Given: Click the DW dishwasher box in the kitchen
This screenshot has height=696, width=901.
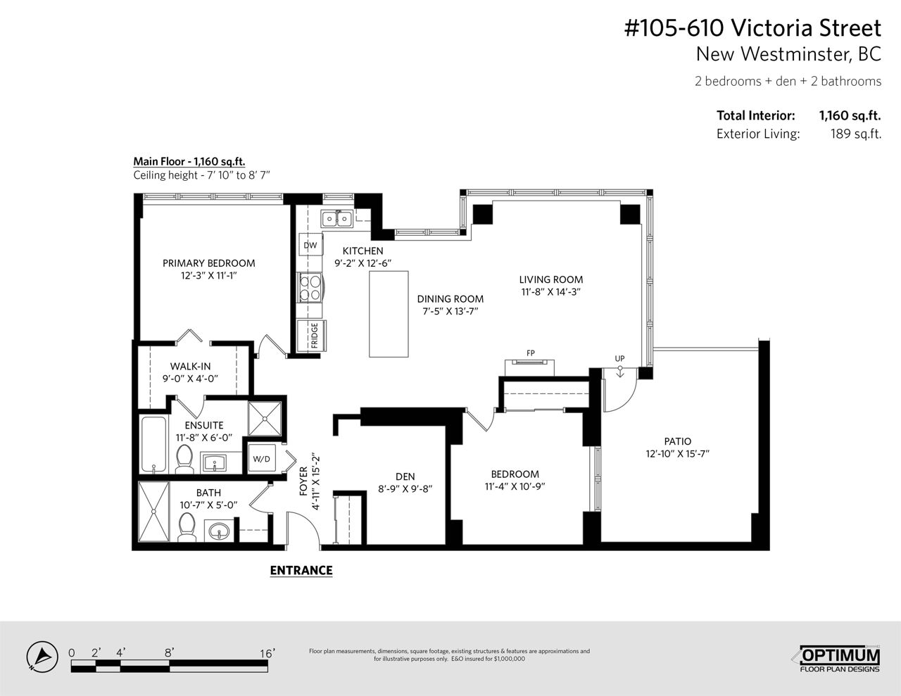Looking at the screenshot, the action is click(310, 245).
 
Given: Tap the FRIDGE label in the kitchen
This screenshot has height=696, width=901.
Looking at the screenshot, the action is click(314, 336).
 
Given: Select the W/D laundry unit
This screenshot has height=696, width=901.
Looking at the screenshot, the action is click(261, 458).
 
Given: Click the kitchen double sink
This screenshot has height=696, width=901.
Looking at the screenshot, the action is click(337, 218).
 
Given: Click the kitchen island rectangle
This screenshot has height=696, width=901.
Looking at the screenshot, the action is click(389, 314).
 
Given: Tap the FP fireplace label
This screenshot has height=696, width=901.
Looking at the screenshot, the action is click(530, 353).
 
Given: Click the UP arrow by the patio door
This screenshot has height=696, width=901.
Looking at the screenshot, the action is click(620, 372).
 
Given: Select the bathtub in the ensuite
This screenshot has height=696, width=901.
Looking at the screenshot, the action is click(154, 444).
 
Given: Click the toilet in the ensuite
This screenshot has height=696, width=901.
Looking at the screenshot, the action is click(184, 459).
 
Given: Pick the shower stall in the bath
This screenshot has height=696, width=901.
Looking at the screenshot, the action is click(154, 511).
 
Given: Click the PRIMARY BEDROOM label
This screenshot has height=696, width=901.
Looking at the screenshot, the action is click(208, 263).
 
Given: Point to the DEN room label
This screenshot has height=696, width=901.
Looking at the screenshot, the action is click(405, 476).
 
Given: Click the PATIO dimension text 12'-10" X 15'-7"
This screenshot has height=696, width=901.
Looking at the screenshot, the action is click(678, 453).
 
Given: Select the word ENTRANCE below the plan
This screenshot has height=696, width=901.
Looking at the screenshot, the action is click(301, 571).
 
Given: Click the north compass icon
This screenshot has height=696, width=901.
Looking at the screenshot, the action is click(42, 657).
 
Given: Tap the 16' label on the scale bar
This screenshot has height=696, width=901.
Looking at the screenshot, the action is click(267, 654).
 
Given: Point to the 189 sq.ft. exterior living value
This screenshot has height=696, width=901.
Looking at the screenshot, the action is click(856, 134).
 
